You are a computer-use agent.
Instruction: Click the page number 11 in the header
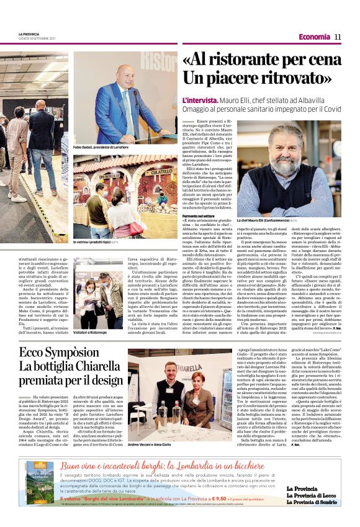(x=338, y=37)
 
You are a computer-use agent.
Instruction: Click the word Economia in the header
(x=314, y=37)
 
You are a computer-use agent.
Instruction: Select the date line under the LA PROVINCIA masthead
(x=37, y=39)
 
